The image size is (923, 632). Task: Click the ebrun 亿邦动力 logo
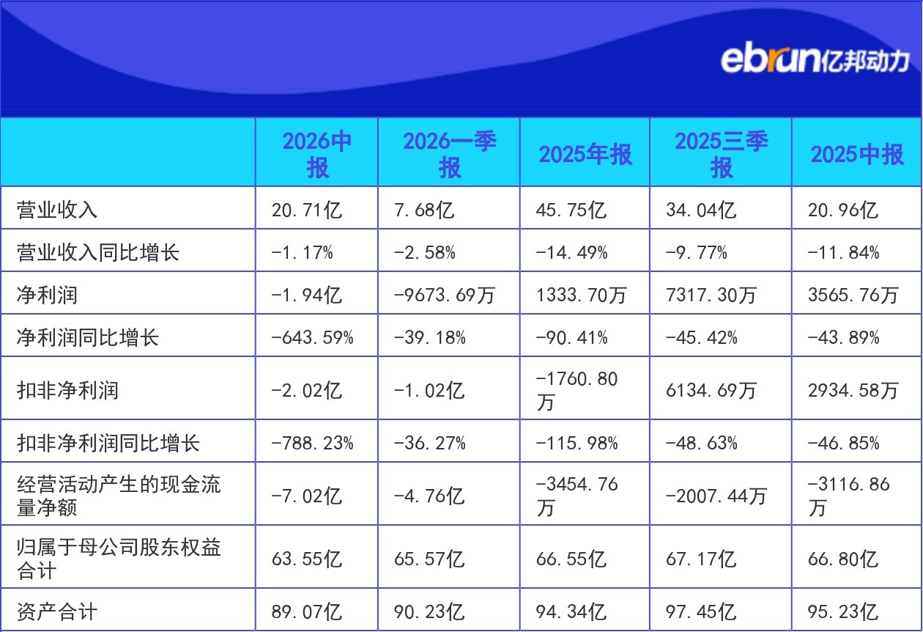pyautogui.click(x=815, y=61)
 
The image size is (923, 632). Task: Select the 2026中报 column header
pyautogui.click(x=317, y=154)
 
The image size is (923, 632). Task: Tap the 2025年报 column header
pyautogui.click(x=585, y=154)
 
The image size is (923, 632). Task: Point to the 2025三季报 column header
pyautogui.click(x=721, y=154)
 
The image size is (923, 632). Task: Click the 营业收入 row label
pyautogui.click(x=57, y=210)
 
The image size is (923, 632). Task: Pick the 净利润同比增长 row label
pyautogui.click(x=87, y=337)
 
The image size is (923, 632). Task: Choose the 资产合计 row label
pyautogui.click(x=57, y=611)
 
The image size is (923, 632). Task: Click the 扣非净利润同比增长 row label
pyautogui.click(x=108, y=443)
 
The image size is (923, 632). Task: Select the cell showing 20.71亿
pyautogui.click(x=306, y=210)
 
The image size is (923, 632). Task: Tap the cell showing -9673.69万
pyautogui.click(x=444, y=295)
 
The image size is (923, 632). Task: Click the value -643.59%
pyautogui.click(x=312, y=338)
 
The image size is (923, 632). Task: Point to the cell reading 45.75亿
pyautogui.click(x=571, y=210)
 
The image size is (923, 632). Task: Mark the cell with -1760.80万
pyautogui.click(x=577, y=390)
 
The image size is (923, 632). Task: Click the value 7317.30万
pyautogui.click(x=711, y=295)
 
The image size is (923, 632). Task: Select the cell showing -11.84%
pyautogui.click(x=843, y=252)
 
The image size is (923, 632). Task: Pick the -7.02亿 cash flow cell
pyautogui.click(x=306, y=496)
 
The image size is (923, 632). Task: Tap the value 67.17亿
pyautogui.click(x=701, y=559)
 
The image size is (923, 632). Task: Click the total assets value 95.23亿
pyautogui.click(x=843, y=611)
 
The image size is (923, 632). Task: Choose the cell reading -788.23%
pyautogui.click(x=312, y=444)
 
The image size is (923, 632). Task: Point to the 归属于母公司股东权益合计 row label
pyautogui.click(x=119, y=559)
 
